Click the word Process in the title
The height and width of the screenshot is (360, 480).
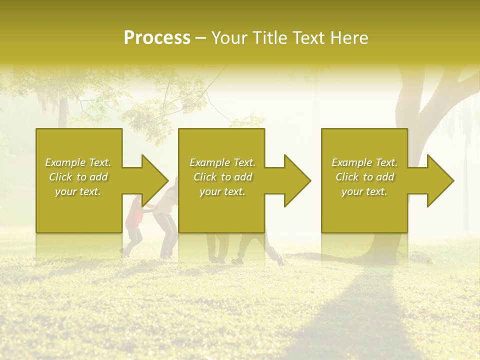(157, 38)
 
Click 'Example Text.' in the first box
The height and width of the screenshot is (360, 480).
(78, 162)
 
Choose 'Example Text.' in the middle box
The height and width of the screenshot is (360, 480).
(222, 162)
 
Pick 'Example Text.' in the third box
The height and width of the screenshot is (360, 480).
(364, 162)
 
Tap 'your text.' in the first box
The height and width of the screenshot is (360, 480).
(78, 191)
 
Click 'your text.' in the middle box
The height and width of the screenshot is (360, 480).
(222, 191)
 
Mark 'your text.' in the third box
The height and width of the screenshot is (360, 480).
(364, 191)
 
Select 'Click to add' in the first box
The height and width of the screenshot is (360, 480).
(78, 177)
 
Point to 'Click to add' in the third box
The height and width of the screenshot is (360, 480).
(364, 177)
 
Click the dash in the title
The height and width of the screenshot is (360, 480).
(200, 38)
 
